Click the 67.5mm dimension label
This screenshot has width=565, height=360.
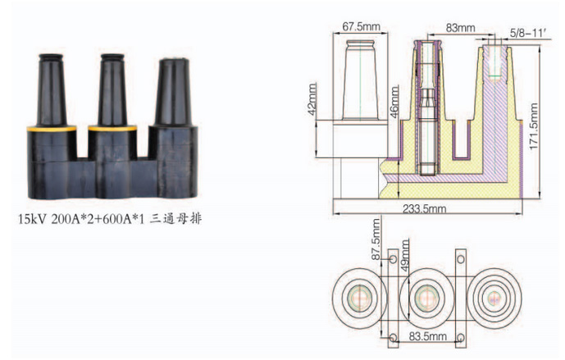pyautogui.click(x=361, y=26)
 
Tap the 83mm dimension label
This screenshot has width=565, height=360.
pyautogui.click(x=460, y=28)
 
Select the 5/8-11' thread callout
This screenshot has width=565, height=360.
pyautogui.click(x=529, y=33)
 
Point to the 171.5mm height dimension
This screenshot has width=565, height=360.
pyautogui.click(x=533, y=126)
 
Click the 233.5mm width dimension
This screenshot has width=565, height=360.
pyautogui.click(x=424, y=208)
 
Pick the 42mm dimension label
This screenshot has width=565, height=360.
pyautogui.click(x=312, y=99)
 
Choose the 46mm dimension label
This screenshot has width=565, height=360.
pyautogui.click(x=394, y=102)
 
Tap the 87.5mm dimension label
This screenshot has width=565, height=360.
pyautogui.click(x=376, y=239)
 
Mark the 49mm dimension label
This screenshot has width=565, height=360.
pyautogui.click(x=405, y=256)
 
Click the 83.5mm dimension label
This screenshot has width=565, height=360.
pyautogui.click(x=427, y=336)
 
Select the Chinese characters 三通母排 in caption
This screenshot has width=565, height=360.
pyautogui.click(x=175, y=219)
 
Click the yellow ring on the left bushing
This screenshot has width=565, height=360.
pyautogui.click(x=52, y=128)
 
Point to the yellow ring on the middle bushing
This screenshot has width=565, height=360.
pyautogui.click(x=112, y=128)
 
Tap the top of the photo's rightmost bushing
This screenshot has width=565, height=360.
pyautogui.click(x=174, y=62)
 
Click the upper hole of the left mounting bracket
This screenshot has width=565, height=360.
pyautogui.click(x=393, y=259)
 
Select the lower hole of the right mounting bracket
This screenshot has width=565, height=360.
pyautogui.click(x=461, y=338)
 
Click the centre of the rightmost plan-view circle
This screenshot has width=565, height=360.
pyautogui.click(x=494, y=298)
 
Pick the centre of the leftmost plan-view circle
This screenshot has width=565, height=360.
pyautogui.click(x=359, y=298)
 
